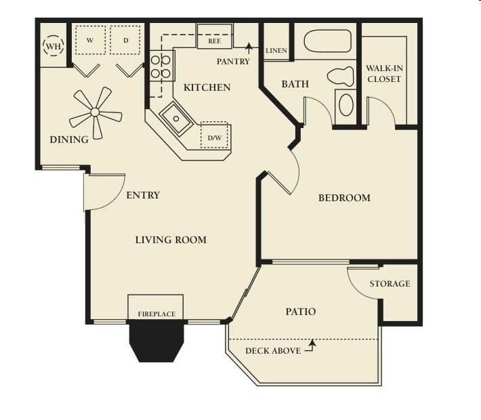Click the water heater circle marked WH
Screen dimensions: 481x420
(x=54, y=46)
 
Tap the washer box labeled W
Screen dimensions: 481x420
(x=90, y=40)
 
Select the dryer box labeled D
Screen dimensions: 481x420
(x=125, y=40)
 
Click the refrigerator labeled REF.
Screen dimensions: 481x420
(x=215, y=36)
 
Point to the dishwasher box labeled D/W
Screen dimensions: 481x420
(x=215, y=135)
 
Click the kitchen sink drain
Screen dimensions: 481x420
(x=176, y=119)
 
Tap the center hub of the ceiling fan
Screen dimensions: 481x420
(x=95, y=112)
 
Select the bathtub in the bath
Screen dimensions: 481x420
(x=327, y=41)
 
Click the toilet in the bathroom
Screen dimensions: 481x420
(x=341, y=76)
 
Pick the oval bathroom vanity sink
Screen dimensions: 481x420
(x=346, y=104)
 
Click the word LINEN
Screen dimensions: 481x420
(x=276, y=51)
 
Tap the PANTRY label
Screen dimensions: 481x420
(x=233, y=62)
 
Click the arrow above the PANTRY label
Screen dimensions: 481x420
(x=249, y=49)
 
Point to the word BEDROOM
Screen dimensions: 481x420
(x=344, y=198)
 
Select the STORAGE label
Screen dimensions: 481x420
(x=390, y=284)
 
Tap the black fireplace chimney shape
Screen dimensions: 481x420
(x=156, y=341)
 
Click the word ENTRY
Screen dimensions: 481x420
(x=143, y=195)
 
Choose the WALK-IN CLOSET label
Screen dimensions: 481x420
(x=384, y=74)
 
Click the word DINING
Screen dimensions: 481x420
(x=69, y=140)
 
